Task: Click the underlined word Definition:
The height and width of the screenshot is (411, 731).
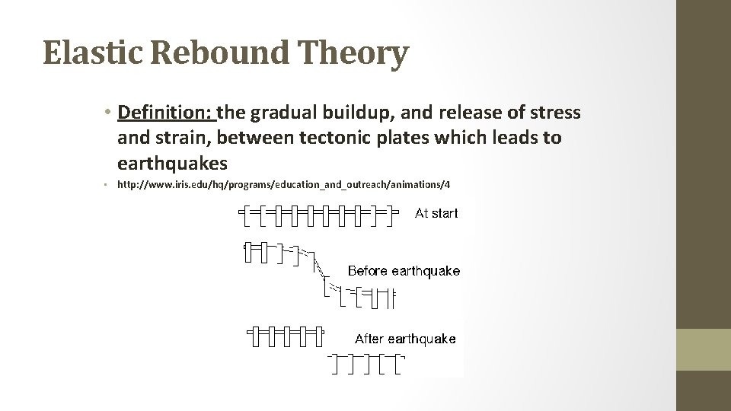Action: (167, 113)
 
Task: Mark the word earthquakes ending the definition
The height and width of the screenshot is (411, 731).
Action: (173, 163)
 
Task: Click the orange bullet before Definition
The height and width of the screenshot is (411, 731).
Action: (110, 113)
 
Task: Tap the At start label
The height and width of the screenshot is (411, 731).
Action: (436, 214)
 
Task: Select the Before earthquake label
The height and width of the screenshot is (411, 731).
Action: (404, 271)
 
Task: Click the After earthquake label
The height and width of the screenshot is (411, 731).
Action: (405, 339)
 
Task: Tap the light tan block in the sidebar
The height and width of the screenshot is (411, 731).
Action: (704, 349)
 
